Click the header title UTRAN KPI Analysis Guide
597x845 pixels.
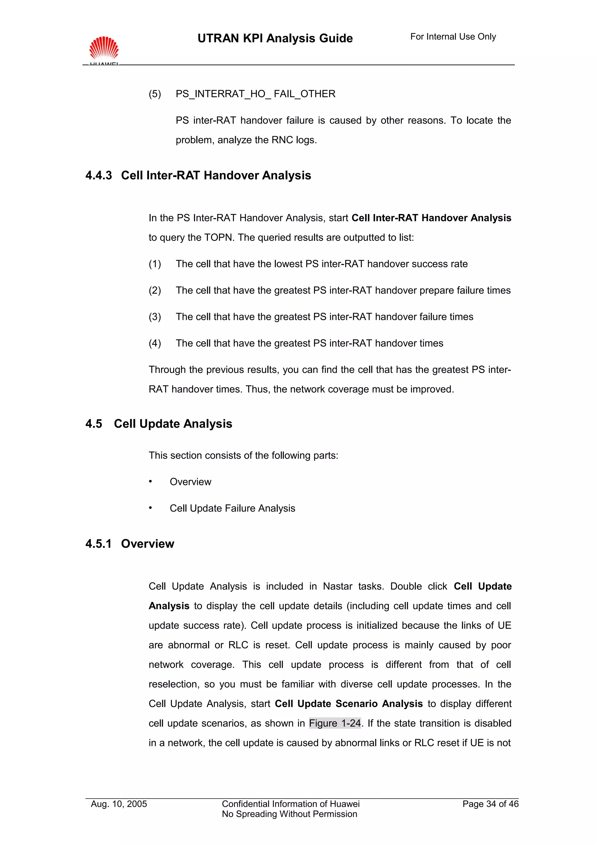click(x=275, y=38)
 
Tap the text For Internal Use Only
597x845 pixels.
click(x=453, y=37)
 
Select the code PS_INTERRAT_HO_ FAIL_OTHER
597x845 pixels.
click(x=255, y=94)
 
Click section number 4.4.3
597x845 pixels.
click(x=99, y=175)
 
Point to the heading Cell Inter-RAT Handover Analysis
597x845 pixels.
click(x=216, y=175)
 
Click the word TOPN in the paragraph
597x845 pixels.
click(x=219, y=237)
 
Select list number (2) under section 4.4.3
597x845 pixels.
click(x=155, y=290)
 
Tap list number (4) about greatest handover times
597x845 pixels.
click(x=155, y=343)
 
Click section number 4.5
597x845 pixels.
click(x=94, y=424)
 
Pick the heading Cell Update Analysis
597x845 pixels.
click(x=173, y=424)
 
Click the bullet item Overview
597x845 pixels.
click(x=190, y=482)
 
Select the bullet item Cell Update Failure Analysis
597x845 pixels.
click(x=232, y=508)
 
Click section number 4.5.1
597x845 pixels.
click(x=98, y=544)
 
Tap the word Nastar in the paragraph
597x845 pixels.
click(x=337, y=586)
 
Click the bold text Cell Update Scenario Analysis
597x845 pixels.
click(x=348, y=704)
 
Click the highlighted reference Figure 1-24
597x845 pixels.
click(x=335, y=723)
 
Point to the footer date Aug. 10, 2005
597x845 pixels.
click(x=119, y=804)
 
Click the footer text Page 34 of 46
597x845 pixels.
click(x=490, y=804)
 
